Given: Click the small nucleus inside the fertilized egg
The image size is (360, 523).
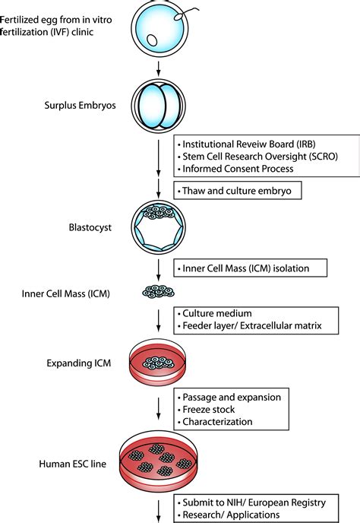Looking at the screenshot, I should [x=153, y=40].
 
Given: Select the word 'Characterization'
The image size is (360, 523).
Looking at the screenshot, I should [x=220, y=422].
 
